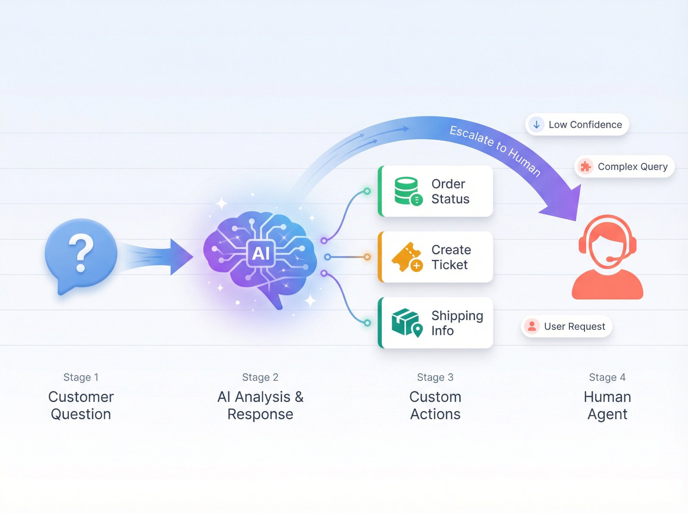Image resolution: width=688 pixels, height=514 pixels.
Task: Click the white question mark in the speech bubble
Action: (x=81, y=252)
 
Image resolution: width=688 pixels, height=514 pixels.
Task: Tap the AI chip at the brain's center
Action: (x=261, y=254)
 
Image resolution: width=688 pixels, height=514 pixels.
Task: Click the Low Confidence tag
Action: (x=577, y=125)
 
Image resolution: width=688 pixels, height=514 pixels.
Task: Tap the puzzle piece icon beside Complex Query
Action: (x=585, y=167)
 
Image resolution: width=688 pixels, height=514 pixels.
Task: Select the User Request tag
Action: (x=567, y=326)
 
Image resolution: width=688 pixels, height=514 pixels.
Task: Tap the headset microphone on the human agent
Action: (x=611, y=259)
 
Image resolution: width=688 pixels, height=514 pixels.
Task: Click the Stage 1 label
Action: (x=81, y=377)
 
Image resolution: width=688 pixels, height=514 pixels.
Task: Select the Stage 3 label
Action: (x=435, y=377)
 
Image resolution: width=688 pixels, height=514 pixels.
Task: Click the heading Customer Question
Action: (x=81, y=406)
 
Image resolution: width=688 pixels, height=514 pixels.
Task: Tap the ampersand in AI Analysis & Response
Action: (x=299, y=397)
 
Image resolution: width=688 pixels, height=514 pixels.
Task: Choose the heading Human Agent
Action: (x=607, y=406)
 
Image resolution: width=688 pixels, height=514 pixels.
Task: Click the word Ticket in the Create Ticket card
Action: (x=450, y=265)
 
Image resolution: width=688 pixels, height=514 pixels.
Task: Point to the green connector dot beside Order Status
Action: (x=367, y=191)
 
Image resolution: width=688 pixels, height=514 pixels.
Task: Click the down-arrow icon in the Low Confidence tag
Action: (x=536, y=125)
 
